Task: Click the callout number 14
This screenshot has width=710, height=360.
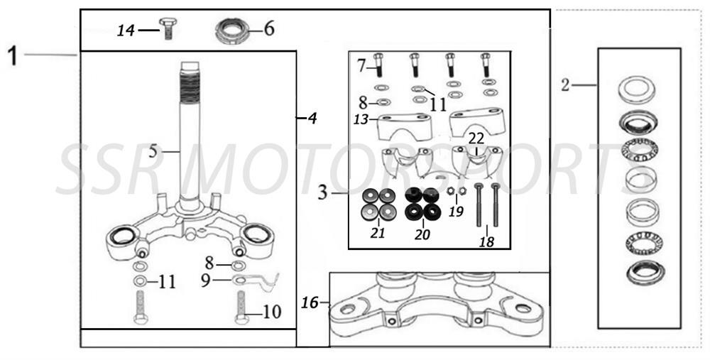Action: coord(126,30)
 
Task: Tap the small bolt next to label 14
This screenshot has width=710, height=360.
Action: coord(168,29)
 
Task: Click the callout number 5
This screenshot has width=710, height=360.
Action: coord(153,151)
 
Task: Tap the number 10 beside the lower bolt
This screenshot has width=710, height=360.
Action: coord(272,312)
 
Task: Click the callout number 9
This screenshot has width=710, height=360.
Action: coord(205,280)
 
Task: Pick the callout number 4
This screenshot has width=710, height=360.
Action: coord(310,119)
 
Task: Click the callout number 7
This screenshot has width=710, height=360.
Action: coord(361,66)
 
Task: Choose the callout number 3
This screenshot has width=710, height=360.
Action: coord(323,192)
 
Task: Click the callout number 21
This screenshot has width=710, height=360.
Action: coord(378,234)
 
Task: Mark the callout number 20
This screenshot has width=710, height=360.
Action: coord(422,234)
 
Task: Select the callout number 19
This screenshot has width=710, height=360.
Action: coord(457,211)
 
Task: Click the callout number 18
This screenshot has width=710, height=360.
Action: coord(486,241)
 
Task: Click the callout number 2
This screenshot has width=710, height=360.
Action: coord(565,86)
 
